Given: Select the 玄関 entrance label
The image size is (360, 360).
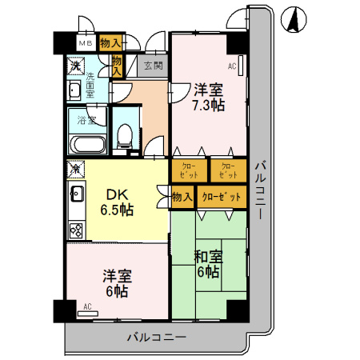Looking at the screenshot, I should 154,66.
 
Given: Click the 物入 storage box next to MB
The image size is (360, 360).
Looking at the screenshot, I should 112,43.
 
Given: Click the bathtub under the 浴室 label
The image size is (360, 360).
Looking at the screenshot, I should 86,146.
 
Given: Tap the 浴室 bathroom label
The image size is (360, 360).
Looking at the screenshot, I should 86,121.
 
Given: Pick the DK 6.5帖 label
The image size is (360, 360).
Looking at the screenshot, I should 116,202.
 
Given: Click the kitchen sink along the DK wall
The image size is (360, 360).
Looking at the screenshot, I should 77,194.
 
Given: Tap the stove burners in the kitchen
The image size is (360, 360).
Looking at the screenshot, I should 77,230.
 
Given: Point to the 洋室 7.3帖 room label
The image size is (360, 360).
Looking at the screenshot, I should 206,97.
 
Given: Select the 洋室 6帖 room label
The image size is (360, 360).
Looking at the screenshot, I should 116,283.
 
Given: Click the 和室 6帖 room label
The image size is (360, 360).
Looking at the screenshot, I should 208,265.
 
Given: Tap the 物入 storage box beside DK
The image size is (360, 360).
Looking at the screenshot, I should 182,197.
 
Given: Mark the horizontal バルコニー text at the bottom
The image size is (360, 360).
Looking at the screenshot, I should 157,336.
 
